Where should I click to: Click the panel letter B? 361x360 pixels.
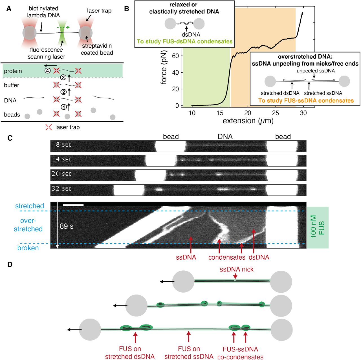pos(127,9)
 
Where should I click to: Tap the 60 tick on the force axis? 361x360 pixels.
pos(175,56)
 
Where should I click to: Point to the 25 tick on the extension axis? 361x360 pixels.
pos(276,113)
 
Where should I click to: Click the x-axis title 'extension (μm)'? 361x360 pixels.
pos(248,121)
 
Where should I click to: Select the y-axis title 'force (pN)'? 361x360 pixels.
pos(164,67)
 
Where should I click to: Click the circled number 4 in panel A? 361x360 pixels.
pos(47,70)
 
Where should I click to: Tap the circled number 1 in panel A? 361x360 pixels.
pos(64,107)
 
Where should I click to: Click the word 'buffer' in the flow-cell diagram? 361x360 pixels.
pos(12,85)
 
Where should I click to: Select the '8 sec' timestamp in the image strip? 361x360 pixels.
pos(63,145)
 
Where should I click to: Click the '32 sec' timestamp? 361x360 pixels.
pos(61,188)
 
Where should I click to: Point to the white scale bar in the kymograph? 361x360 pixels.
pos(73,205)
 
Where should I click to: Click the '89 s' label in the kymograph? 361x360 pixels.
pos(67,226)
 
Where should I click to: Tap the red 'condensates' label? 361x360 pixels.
pos(227,257)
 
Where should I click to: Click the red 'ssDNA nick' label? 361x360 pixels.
pos(236,270)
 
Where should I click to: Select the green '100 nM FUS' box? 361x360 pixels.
pos(318,228)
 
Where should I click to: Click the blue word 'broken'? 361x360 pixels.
pos(28,248)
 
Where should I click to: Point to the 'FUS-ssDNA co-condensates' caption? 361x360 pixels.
pos(240,353)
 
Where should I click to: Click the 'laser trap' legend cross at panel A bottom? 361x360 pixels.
pos(49,127)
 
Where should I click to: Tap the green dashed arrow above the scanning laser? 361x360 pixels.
pos(64,27)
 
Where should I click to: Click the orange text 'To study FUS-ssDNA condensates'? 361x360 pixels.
pos(306,101)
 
